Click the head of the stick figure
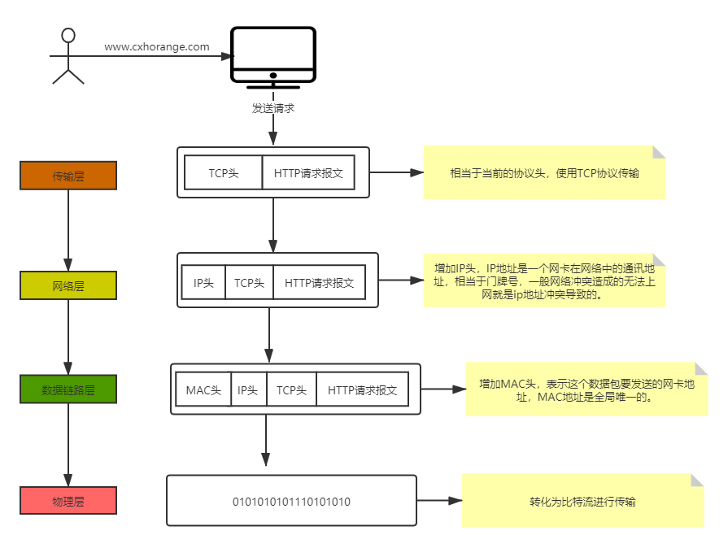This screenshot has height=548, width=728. click(68, 36)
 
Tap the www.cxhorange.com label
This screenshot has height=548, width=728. click(157, 47)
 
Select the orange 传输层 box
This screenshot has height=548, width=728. click(68, 176)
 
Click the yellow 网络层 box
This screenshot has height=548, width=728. click(68, 285)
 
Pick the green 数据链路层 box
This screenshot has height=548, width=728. click(68, 389)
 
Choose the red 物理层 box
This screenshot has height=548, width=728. click(68, 501)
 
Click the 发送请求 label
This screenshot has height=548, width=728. click(272, 107)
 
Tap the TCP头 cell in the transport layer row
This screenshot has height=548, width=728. click(224, 173)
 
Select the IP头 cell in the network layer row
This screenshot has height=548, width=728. click(203, 283)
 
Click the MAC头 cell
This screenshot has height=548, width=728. click(203, 390)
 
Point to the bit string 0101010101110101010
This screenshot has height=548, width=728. click(291, 502)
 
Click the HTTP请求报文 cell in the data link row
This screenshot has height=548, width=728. click(362, 390)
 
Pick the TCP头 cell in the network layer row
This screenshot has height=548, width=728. click(249, 283)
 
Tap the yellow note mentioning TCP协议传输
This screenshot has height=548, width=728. click(544, 173)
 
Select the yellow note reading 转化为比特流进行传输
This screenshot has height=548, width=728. click(582, 501)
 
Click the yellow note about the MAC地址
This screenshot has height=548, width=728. click(586, 390)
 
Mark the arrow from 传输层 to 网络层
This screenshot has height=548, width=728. click(68, 231)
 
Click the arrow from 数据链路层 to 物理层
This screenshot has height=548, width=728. click(68, 446)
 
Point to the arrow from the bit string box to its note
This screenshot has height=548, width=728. click(438, 501)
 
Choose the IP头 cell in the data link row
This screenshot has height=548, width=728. click(248, 390)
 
